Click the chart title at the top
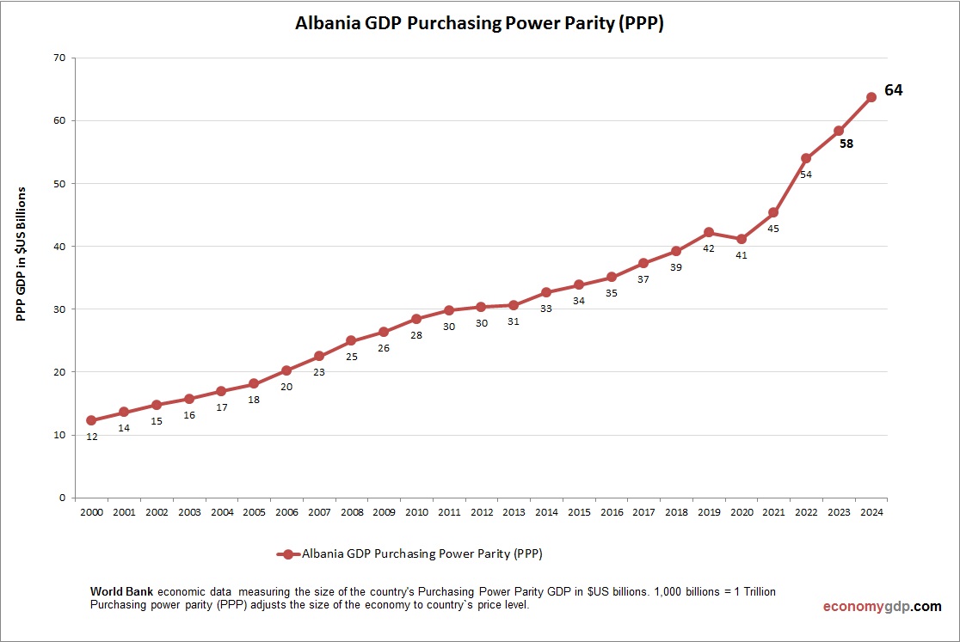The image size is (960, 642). (x=480, y=23)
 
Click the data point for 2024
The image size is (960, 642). (x=871, y=97)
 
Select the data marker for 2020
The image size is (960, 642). (x=741, y=239)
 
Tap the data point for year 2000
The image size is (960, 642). (x=91, y=420)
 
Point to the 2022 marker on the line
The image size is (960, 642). (x=806, y=158)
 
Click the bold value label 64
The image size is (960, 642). (x=894, y=90)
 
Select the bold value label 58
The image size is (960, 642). (x=846, y=144)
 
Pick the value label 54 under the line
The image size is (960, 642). (x=806, y=174)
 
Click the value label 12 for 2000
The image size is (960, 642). (x=91, y=437)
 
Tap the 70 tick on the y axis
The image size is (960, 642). (x=59, y=58)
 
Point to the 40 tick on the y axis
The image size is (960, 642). (x=59, y=247)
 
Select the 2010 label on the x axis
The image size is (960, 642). (x=416, y=512)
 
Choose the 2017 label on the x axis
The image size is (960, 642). (x=643, y=512)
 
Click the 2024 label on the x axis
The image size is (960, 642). (x=871, y=512)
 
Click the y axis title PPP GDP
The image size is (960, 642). (x=22, y=254)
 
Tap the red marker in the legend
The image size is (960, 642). (x=288, y=554)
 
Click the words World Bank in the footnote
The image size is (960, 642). (x=122, y=592)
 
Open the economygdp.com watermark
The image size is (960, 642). (x=882, y=606)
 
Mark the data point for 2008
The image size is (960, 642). (x=351, y=340)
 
